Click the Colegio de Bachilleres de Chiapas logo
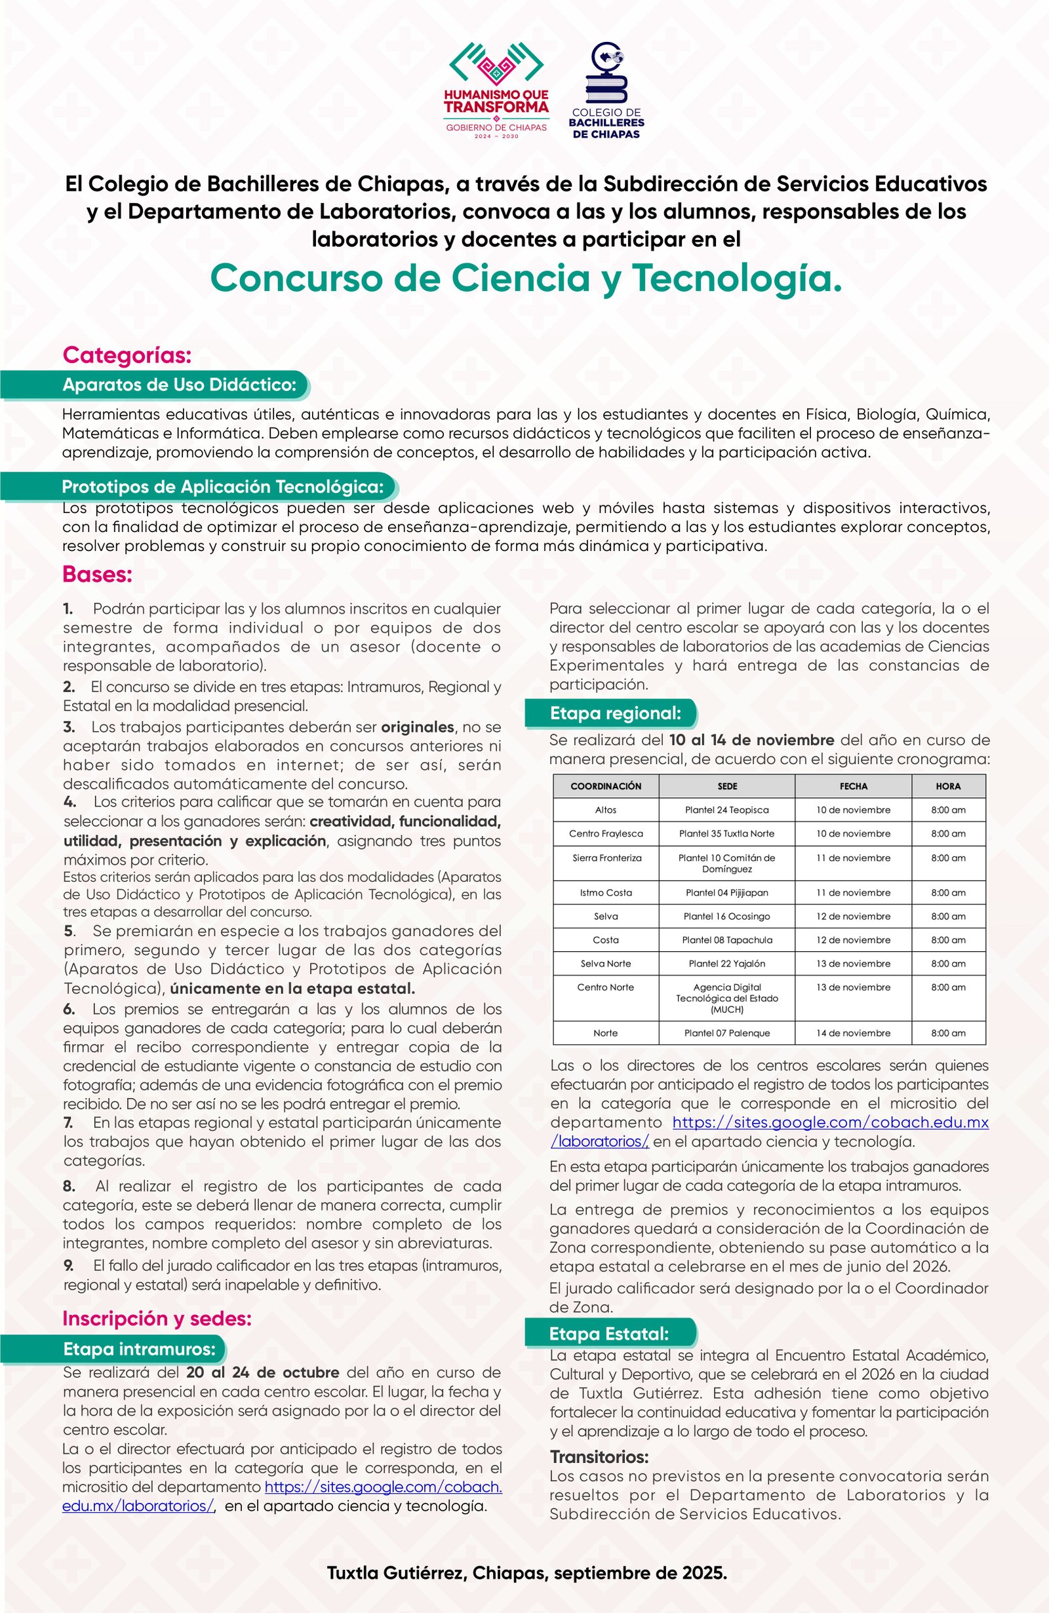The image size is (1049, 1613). tap(606, 92)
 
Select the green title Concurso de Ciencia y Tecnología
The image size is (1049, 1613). tap(526, 278)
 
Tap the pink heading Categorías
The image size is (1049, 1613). tap(127, 354)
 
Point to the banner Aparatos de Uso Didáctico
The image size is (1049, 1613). tap(179, 385)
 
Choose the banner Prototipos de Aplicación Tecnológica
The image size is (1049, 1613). tap(222, 487)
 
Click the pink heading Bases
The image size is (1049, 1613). tap(97, 574)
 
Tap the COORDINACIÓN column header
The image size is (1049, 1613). tap(606, 786)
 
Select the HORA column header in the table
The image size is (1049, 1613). tap(947, 786)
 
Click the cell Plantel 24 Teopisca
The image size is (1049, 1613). tap(726, 810)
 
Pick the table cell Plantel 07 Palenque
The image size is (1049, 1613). tap(726, 1033)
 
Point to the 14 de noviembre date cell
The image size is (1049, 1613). tap(852, 1033)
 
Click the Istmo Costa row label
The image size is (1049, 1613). tap(606, 892)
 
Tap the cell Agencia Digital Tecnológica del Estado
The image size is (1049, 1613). tap(726, 998)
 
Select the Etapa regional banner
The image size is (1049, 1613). tap(614, 713)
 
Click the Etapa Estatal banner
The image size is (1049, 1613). tap(609, 1334)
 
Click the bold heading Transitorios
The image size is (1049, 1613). tap(599, 1456)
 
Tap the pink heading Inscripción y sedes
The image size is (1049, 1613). tap(157, 1318)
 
